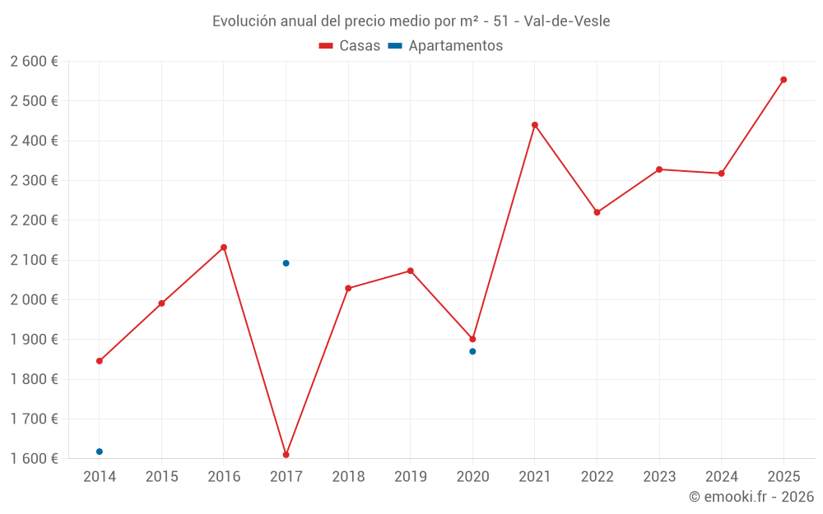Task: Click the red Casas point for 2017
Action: tap(286, 455)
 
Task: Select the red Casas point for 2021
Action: tap(535, 125)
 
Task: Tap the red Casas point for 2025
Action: tap(783, 80)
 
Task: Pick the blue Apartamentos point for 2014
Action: tap(100, 451)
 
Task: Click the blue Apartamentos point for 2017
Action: tap(286, 263)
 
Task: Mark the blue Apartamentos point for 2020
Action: tap(472, 351)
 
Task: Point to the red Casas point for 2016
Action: tap(224, 248)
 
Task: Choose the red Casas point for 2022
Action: tap(597, 212)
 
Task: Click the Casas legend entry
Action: tap(350, 46)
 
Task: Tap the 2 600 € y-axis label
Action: tap(34, 62)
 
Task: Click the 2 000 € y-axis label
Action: tap(34, 299)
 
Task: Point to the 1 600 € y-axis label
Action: tap(34, 458)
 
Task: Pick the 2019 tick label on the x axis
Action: tap(410, 476)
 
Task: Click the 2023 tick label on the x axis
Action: tap(659, 476)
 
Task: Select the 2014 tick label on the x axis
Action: tap(100, 476)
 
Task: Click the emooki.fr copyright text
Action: tap(751, 497)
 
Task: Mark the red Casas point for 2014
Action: tap(100, 361)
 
